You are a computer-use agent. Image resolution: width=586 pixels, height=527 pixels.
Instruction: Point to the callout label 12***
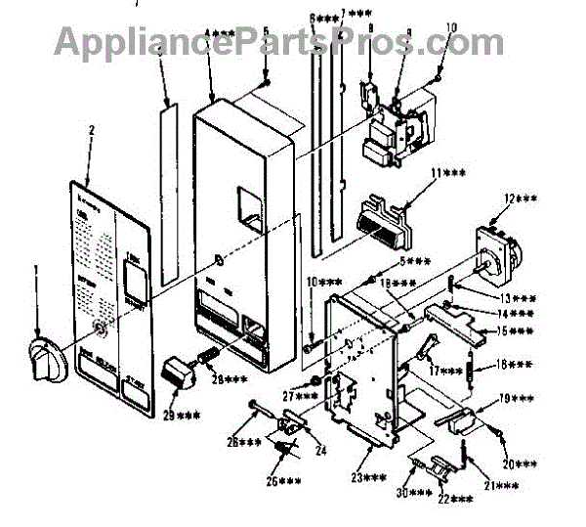[x=522, y=199]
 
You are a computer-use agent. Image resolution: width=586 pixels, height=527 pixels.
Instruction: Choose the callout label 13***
[x=515, y=298]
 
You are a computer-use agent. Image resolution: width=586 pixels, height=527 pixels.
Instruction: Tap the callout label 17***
[x=444, y=372]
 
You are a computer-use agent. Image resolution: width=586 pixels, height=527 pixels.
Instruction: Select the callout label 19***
[x=517, y=399]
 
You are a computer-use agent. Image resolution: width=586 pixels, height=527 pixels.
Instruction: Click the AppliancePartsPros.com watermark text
[x=279, y=41]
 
